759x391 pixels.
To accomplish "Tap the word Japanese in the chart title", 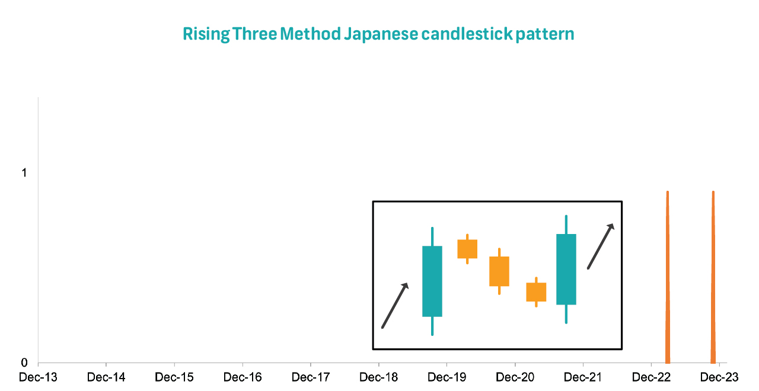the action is pyautogui.click(x=381, y=34).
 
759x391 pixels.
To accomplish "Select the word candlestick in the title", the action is pyautogui.click(x=467, y=34).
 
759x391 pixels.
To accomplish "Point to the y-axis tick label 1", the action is pyautogui.click(x=24, y=173).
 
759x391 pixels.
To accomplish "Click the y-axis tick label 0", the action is pyautogui.click(x=24, y=363).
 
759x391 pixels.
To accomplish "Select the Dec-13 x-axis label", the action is pyautogui.click(x=39, y=377).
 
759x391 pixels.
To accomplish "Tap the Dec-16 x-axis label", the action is pyautogui.click(x=243, y=377).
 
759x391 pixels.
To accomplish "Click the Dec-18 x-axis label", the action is pyautogui.click(x=378, y=377).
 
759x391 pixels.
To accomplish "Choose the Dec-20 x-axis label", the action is pyautogui.click(x=515, y=377).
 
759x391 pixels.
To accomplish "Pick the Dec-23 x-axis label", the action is pyautogui.click(x=719, y=377).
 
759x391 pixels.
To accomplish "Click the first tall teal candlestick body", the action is pyautogui.click(x=432, y=281).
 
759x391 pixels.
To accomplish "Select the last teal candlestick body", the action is pyautogui.click(x=566, y=269).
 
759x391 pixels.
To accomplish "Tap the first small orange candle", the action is pyautogui.click(x=467, y=249).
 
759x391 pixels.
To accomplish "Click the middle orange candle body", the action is pyautogui.click(x=499, y=271).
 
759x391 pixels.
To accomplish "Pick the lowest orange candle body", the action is pyautogui.click(x=536, y=292).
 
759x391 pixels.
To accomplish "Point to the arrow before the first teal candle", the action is pyautogui.click(x=395, y=305).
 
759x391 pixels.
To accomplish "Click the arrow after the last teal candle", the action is pyautogui.click(x=601, y=246).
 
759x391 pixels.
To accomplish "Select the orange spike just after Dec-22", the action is pyautogui.click(x=668, y=277).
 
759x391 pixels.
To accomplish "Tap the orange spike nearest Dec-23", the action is pyautogui.click(x=713, y=277).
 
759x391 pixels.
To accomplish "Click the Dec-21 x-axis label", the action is pyautogui.click(x=583, y=377).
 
